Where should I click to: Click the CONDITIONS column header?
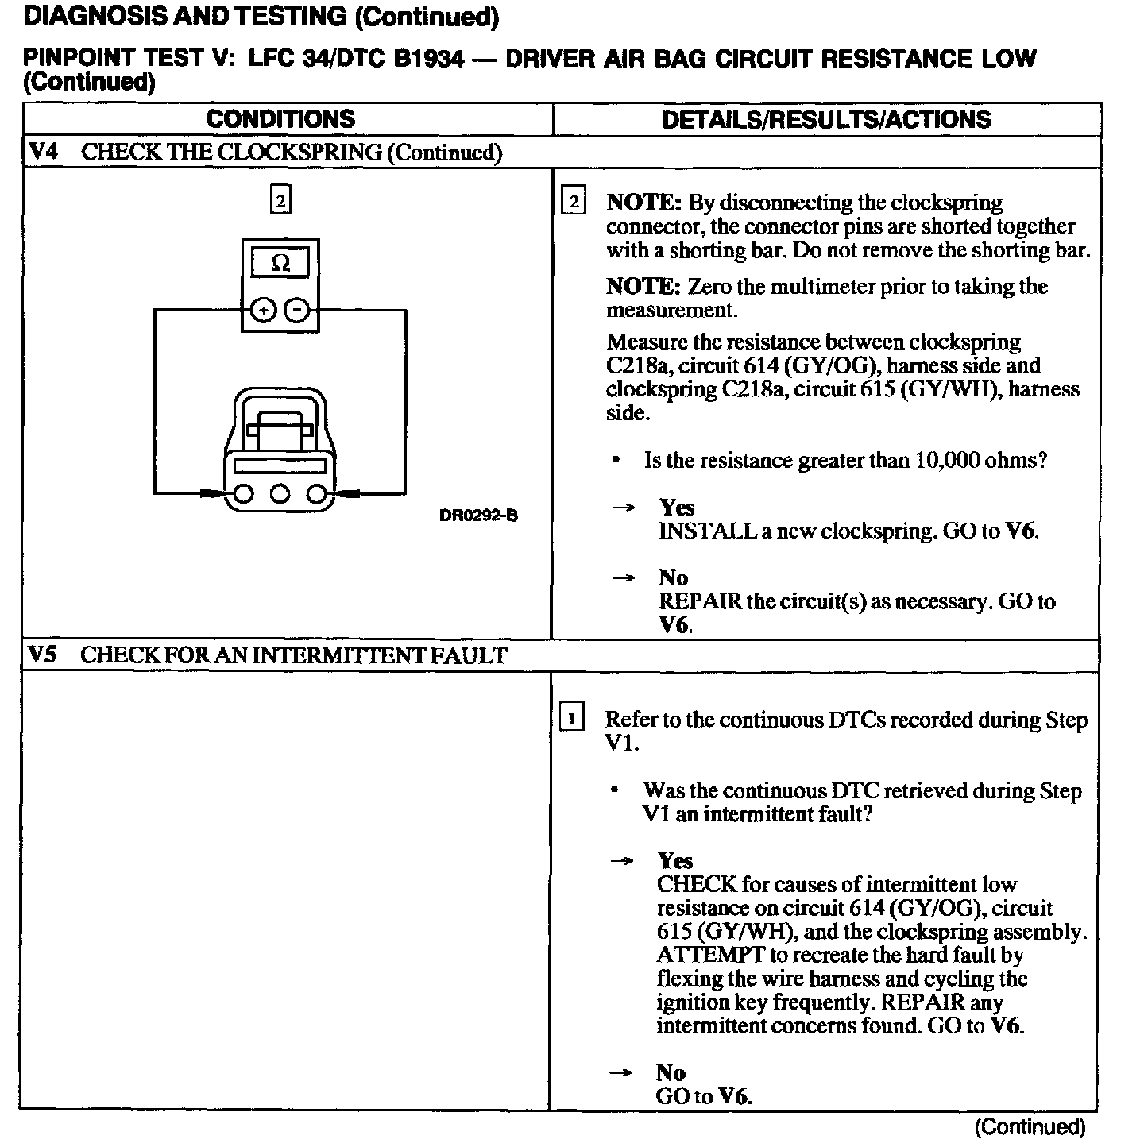click(280, 119)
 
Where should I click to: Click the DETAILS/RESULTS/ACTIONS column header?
click(826, 119)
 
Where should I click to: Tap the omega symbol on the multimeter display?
click(280, 263)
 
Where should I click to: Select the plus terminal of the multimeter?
click(262, 311)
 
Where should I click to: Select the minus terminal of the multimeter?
click(296, 311)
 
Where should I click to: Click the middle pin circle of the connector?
click(280, 494)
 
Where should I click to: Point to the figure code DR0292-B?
click(478, 516)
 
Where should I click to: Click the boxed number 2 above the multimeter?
click(280, 199)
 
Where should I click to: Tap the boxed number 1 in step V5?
click(572, 718)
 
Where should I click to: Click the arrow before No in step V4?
click(624, 577)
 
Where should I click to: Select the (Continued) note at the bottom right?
click(1030, 1127)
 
